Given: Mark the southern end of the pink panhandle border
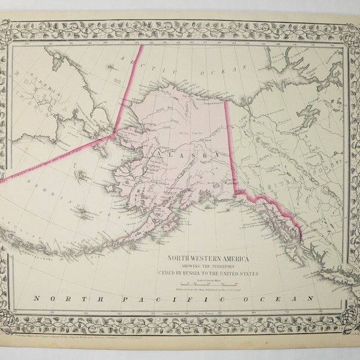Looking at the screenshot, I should click(301, 241).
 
